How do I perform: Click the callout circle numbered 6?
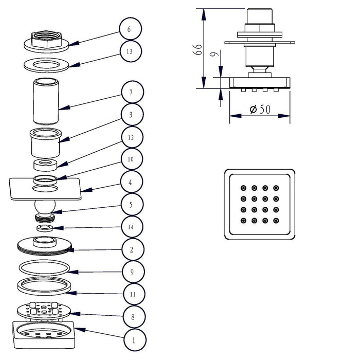pyautogui.click(x=131, y=29)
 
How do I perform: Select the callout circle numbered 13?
pyautogui.click(x=131, y=51)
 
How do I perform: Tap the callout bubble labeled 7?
pyautogui.click(x=133, y=92)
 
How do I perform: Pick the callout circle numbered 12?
pyautogui.click(x=132, y=137)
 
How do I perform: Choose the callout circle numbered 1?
pyautogui.click(x=135, y=340)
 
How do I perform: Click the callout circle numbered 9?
pyautogui.click(x=133, y=272)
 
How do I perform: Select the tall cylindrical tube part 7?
pyautogui.click(x=46, y=101)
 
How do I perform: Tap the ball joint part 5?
pyautogui.click(x=45, y=211)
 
